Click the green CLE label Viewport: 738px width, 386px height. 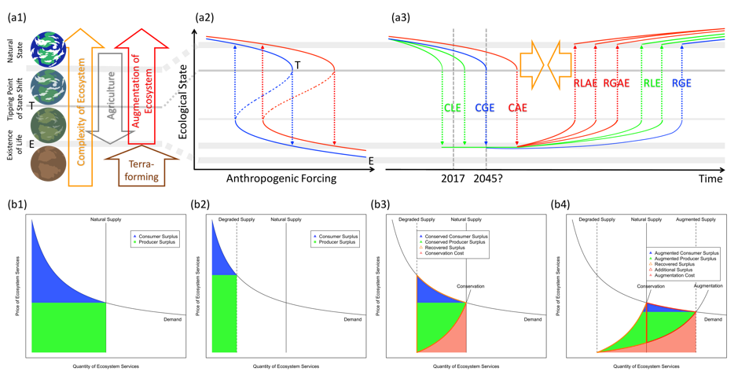click(453, 108)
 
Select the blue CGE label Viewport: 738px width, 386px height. click(485, 108)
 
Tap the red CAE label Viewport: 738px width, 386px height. click(518, 108)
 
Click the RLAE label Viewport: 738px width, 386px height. click(586, 83)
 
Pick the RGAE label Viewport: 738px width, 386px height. click(616, 83)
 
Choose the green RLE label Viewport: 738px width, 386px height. click(652, 83)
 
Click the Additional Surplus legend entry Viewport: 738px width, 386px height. click(675, 270)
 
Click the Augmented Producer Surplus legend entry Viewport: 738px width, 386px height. click(685, 258)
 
